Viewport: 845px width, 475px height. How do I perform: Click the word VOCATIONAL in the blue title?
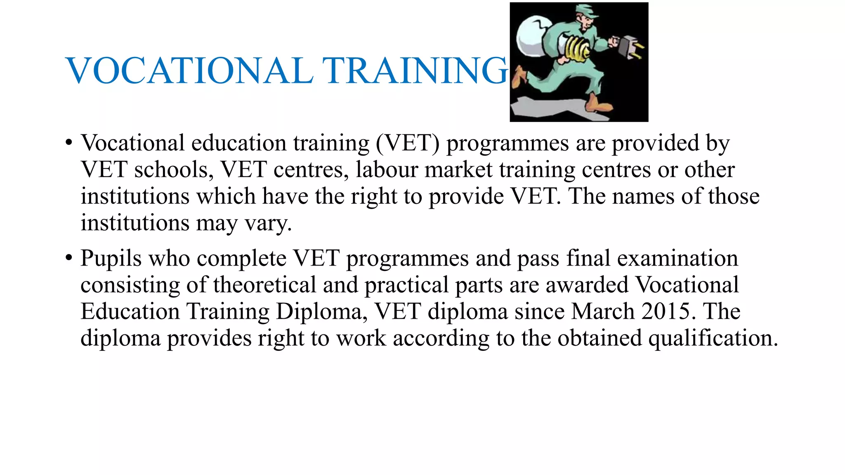coord(189,71)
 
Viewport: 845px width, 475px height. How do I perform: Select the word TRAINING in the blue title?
coord(414,71)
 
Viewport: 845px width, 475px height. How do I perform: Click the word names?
coord(643,196)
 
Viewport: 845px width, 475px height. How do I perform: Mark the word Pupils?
coord(111,259)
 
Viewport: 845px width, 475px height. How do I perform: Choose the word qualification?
coord(713,338)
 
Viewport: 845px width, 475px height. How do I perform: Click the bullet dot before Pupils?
coord(68,259)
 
